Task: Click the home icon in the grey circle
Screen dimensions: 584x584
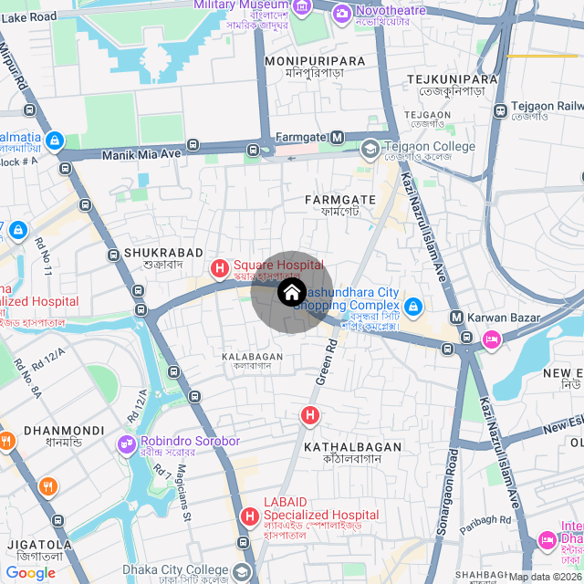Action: [291, 293]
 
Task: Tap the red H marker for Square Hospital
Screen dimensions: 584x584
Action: [220, 268]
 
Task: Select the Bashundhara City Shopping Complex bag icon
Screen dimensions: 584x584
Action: [413, 305]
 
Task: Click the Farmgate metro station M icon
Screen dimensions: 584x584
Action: [337, 138]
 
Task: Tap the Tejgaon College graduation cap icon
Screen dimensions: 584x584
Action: [370, 147]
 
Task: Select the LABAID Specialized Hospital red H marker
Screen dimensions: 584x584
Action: [249, 517]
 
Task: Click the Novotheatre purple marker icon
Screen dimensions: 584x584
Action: [341, 13]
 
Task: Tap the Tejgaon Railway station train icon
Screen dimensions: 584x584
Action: [501, 110]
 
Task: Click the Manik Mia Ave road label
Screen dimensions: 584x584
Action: [141, 154]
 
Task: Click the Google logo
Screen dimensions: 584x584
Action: [31, 573]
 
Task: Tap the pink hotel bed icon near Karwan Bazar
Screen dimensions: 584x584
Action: [491, 339]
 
